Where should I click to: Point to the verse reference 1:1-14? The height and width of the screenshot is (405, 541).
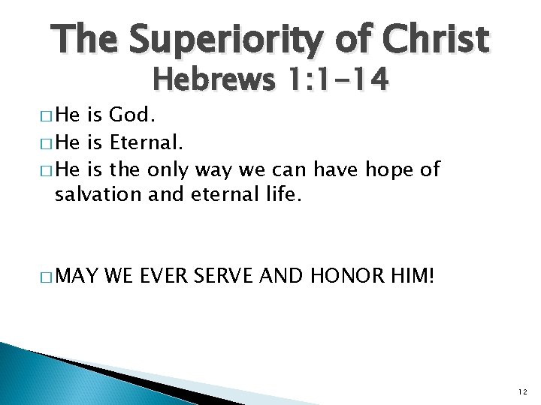(335, 79)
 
